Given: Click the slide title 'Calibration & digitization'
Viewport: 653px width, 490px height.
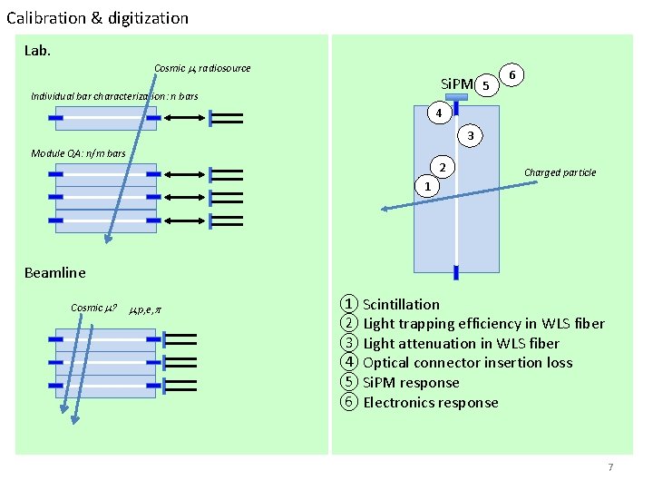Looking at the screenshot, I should (98, 17).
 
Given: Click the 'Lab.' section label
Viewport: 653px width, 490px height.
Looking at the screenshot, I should (38, 50).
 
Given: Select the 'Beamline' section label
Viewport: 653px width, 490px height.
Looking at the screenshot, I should (54, 272).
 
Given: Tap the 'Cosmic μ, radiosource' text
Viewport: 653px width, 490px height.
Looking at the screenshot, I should (202, 68).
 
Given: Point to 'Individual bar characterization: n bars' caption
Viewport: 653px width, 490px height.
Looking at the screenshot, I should (114, 96).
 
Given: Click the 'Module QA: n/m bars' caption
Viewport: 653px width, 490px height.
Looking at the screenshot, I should (78, 153).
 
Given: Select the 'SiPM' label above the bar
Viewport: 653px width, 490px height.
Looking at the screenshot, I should (457, 85).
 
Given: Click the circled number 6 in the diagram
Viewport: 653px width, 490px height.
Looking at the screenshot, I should (513, 75).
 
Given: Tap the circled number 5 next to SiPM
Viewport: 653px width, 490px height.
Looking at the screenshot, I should (486, 86).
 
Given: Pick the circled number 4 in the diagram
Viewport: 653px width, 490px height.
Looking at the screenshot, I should (438, 113).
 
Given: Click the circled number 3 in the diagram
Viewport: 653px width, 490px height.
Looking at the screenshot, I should (470, 136).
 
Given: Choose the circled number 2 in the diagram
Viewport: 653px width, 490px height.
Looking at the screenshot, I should (441, 168).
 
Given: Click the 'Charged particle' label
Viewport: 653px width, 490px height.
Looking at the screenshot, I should (560, 172).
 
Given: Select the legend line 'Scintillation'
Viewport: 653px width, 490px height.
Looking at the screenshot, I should (401, 304).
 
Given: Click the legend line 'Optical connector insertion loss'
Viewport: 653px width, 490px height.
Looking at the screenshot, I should (467, 363).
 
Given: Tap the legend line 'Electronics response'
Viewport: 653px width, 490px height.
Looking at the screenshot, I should (430, 402).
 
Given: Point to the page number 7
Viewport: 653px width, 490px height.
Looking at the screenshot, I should (610, 467).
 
